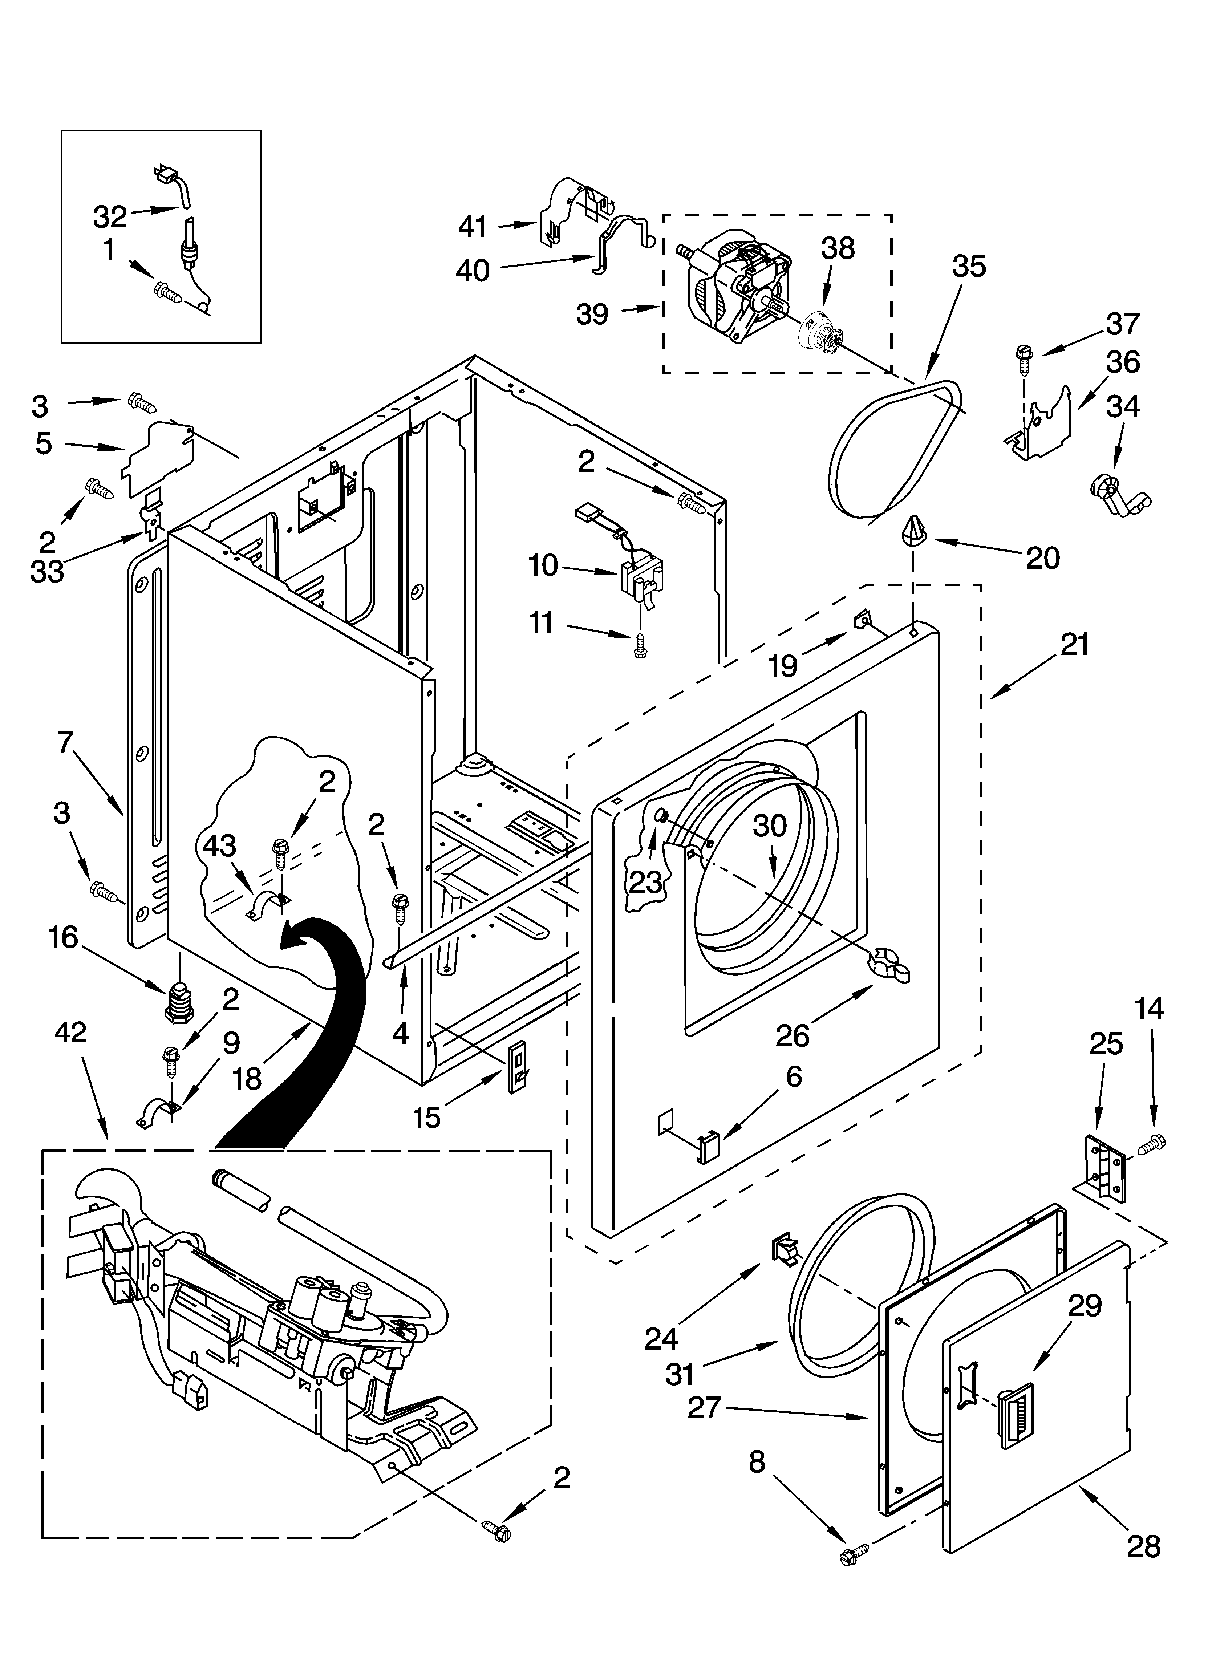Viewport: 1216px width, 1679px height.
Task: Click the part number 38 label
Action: click(x=838, y=250)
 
